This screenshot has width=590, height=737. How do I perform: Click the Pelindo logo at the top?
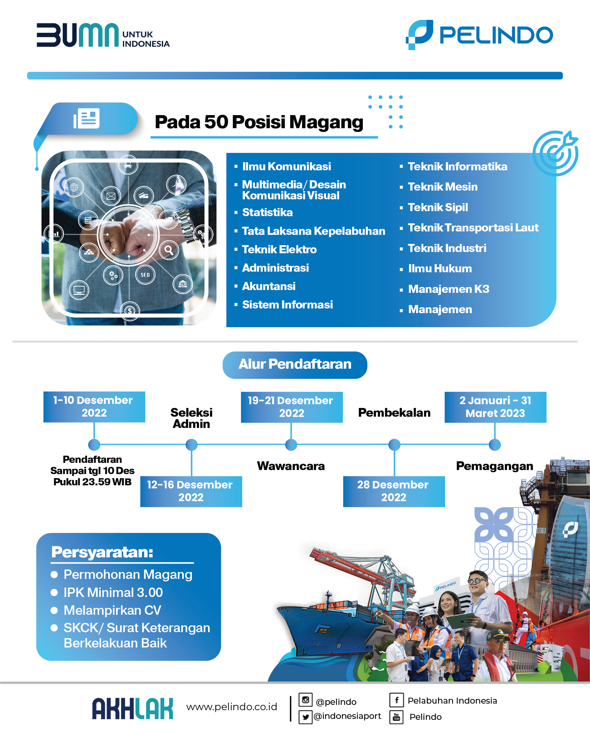tap(479, 35)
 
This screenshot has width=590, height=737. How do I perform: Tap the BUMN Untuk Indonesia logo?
tap(103, 35)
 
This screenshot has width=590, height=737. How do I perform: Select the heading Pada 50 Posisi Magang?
tap(259, 122)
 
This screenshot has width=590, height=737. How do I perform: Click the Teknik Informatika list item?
tap(457, 167)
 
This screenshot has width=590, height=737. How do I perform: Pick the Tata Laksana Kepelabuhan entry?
tap(313, 231)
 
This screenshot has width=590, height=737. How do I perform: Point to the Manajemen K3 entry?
tap(449, 289)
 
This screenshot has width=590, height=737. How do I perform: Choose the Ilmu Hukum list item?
tap(440, 269)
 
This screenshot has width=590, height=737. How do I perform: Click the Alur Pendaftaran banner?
tap(295, 365)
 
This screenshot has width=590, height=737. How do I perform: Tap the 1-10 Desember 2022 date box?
tap(94, 407)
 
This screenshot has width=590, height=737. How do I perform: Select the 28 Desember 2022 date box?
tap(394, 491)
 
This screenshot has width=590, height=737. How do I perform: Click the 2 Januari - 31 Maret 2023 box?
tap(495, 407)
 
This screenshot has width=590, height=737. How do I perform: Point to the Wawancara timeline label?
tap(291, 466)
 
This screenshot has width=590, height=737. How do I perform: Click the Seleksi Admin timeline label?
tap(192, 418)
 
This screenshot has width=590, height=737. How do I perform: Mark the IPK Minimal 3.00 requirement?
tap(113, 592)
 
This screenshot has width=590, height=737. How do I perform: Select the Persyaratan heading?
tap(102, 552)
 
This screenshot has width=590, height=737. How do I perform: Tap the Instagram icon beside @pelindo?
tap(305, 700)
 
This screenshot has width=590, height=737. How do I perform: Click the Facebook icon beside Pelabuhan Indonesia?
tap(397, 700)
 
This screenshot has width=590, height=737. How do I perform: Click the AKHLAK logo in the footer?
tap(133, 709)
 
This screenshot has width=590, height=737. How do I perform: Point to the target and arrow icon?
tap(555, 153)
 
